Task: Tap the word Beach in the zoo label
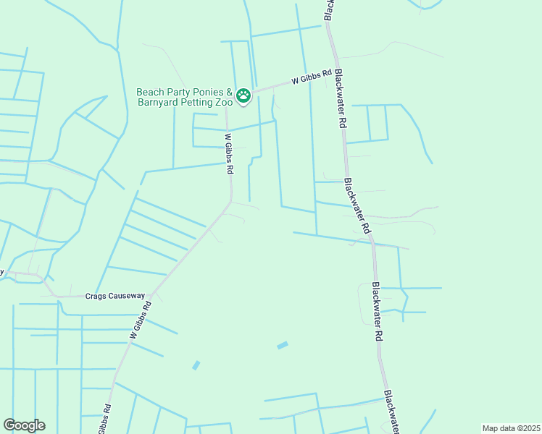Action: (x=150, y=93)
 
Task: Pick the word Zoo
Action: (x=223, y=103)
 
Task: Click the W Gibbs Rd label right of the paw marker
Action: (x=312, y=77)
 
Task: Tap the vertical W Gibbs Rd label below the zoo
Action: (x=229, y=153)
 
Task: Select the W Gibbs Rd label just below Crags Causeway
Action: (x=141, y=319)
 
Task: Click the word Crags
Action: (x=97, y=296)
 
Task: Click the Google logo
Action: (x=24, y=425)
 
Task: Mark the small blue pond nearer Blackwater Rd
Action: (x=282, y=345)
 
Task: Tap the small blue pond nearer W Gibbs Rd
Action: (x=196, y=365)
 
